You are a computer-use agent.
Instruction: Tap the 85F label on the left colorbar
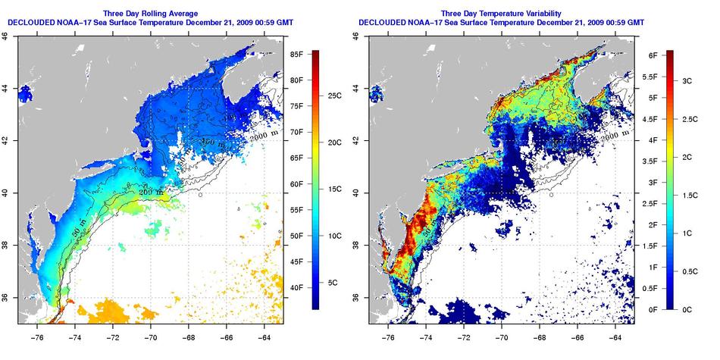pyautogui.click(x=296, y=55)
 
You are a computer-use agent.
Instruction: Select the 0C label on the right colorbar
pyautogui.click(x=686, y=309)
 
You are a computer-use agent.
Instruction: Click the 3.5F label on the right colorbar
pyautogui.click(x=649, y=161)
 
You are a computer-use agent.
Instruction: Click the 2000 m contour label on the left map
pyautogui.click(x=261, y=131)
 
